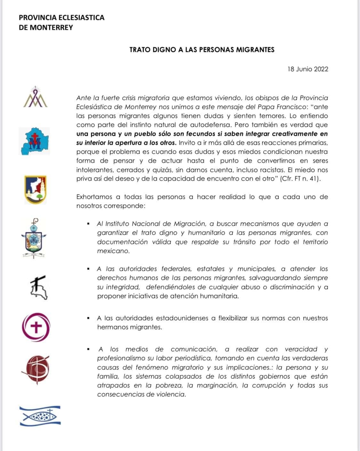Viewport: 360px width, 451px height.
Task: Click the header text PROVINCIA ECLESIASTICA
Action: (61, 18)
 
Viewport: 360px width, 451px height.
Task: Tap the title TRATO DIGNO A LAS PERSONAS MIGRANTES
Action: (202, 50)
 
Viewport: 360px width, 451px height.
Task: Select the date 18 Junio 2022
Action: (308, 69)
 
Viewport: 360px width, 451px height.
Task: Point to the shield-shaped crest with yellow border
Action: (36, 189)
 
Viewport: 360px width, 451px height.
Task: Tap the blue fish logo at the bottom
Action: (40, 416)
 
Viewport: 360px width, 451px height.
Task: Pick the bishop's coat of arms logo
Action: (34, 238)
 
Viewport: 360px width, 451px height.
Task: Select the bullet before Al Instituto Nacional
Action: (88, 224)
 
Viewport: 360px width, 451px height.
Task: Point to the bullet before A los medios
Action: (88, 349)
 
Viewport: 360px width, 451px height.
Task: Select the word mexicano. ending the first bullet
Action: (113, 251)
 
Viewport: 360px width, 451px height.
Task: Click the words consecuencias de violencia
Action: (141, 394)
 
